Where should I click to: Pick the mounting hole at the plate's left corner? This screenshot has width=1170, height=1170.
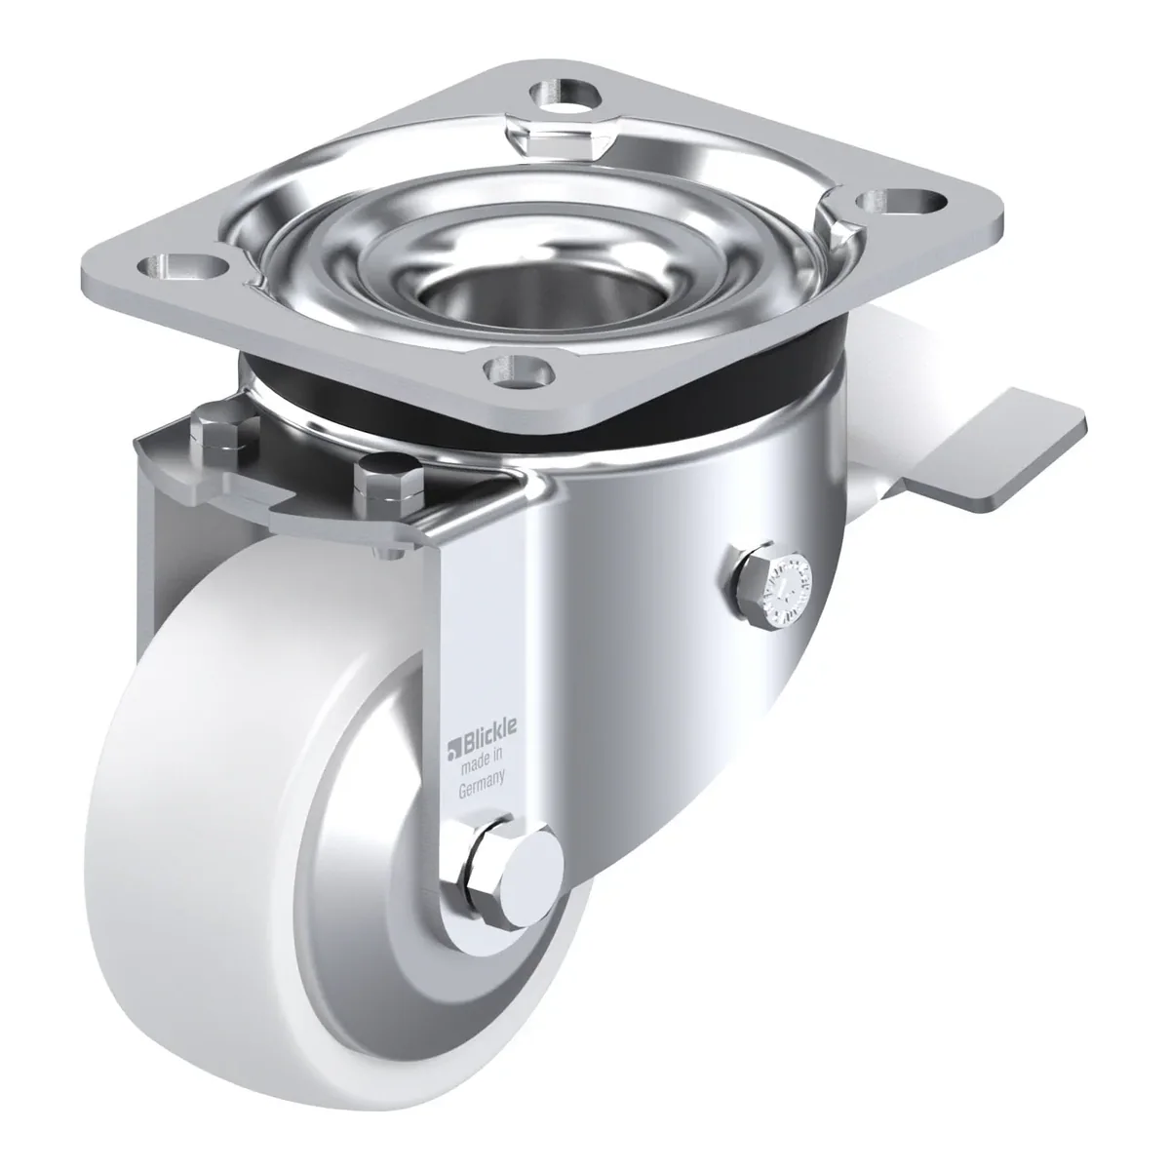182,265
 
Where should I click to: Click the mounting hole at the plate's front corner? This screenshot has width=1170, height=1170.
520,370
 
